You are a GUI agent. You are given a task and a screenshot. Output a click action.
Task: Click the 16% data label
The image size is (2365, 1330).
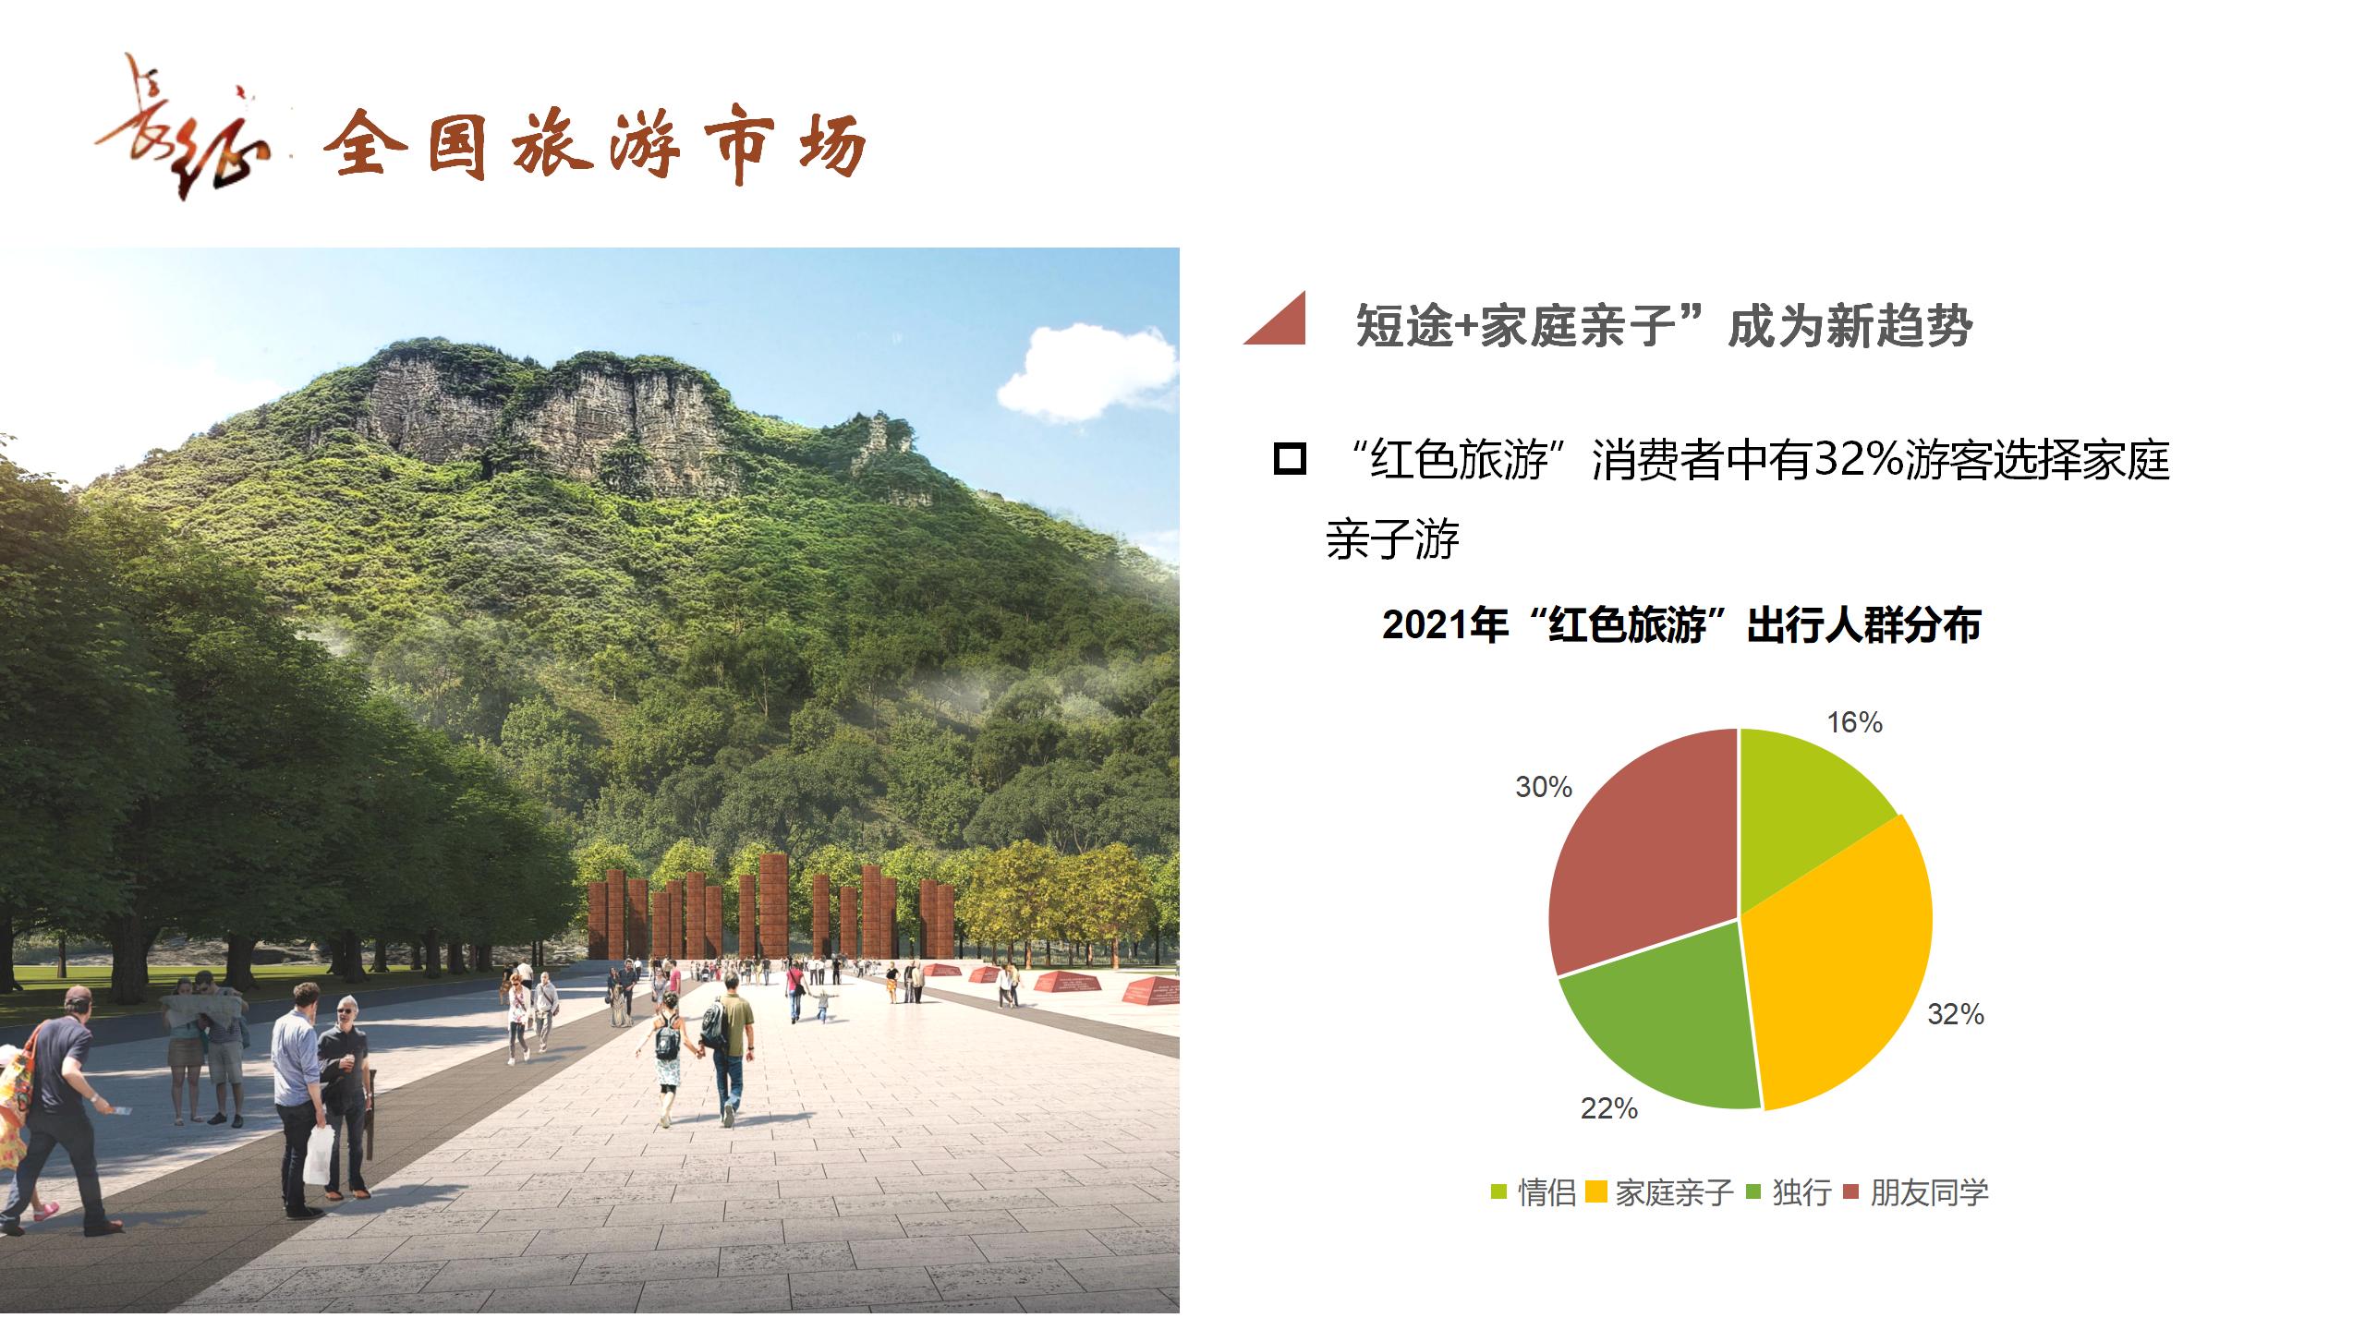pyautogui.click(x=1855, y=722)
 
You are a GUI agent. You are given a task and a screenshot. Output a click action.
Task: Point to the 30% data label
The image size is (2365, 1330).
pyautogui.click(x=1544, y=787)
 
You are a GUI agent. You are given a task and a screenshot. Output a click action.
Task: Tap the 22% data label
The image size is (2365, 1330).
pyautogui.click(x=1609, y=1108)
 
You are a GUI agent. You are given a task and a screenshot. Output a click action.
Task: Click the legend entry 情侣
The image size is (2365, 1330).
pyautogui.click(x=1534, y=1192)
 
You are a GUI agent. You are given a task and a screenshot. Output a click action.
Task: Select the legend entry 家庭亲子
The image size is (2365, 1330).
pyautogui.click(x=1660, y=1192)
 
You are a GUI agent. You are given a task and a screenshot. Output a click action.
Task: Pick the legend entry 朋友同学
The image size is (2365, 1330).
pyautogui.click(x=1915, y=1192)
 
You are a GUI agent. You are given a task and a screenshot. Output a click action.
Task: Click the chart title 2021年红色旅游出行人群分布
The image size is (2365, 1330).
pyautogui.click(x=1681, y=625)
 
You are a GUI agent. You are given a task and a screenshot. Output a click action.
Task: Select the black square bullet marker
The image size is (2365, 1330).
pyautogui.click(x=1290, y=459)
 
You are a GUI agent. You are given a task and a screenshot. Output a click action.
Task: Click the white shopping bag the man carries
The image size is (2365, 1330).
pyautogui.click(x=319, y=1155)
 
